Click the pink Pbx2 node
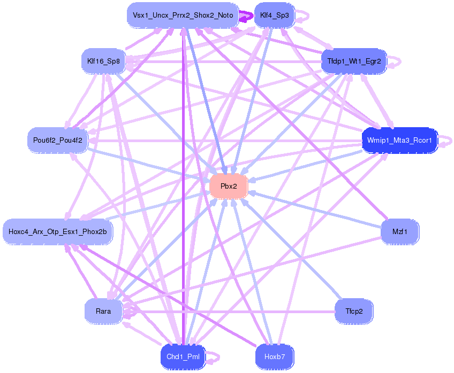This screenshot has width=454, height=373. pyautogui.click(x=229, y=186)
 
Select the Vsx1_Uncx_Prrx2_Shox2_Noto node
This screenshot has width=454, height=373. pyautogui.click(x=183, y=15)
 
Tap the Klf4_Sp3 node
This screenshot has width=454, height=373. pyautogui.click(x=274, y=15)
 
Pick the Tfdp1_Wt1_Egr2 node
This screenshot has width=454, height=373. pyautogui.click(x=353, y=61)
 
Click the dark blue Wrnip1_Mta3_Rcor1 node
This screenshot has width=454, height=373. pyautogui.click(x=399, y=140)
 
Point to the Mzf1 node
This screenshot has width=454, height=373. pyautogui.click(x=399, y=232)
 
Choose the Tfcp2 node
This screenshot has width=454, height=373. pyautogui.click(x=353, y=311)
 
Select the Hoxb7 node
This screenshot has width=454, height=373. pyautogui.click(x=274, y=356)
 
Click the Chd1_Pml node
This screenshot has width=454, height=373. pyautogui.click(x=183, y=356)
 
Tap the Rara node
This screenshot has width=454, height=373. pyautogui.click(x=103, y=311)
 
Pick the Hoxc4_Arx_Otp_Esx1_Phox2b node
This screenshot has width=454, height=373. pyautogui.click(x=58, y=232)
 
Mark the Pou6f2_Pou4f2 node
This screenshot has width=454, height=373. pyautogui.click(x=58, y=140)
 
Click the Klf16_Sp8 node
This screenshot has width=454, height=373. pyautogui.click(x=103, y=61)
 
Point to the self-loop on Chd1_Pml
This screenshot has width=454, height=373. pyautogui.click(x=215, y=356)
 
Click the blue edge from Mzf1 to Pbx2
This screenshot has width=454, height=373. pyautogui.click(x=316, y=209)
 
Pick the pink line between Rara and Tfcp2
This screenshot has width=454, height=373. pyautogui.click(x=230, y=312)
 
